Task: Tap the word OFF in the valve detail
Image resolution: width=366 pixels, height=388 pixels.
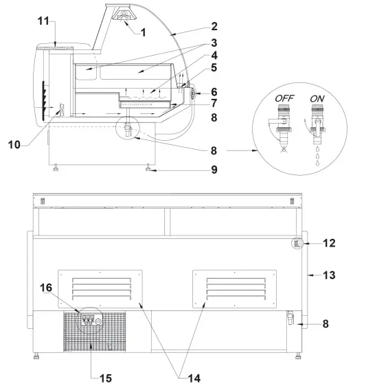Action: (283, 98)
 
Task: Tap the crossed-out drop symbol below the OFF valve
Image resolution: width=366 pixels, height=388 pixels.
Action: (284, 147)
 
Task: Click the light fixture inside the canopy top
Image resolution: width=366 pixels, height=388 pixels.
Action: (124, 15)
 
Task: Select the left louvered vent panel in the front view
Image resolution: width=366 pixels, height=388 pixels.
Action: (100, 287)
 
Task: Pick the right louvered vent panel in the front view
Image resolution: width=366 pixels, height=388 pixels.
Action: (234, 287)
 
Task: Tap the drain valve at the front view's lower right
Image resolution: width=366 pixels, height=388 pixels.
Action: (291, 317)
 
